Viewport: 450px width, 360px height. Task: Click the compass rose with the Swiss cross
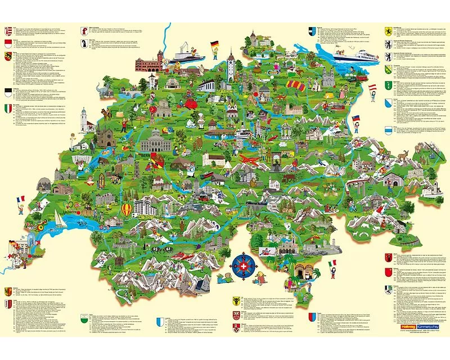tap(243, 264)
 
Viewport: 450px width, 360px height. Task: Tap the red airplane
tap(247, 159)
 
